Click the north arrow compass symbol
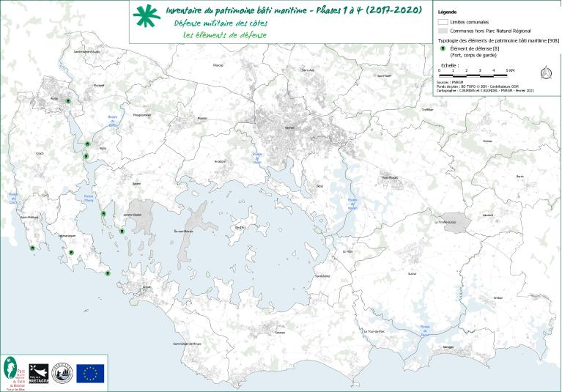point(546,72)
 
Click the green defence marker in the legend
point(442,48)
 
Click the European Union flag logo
point(90,373)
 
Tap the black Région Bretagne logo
point(39,373)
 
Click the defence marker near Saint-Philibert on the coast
point(32,248)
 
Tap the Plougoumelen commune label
point(141,115)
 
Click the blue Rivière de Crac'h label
point(13,196)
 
